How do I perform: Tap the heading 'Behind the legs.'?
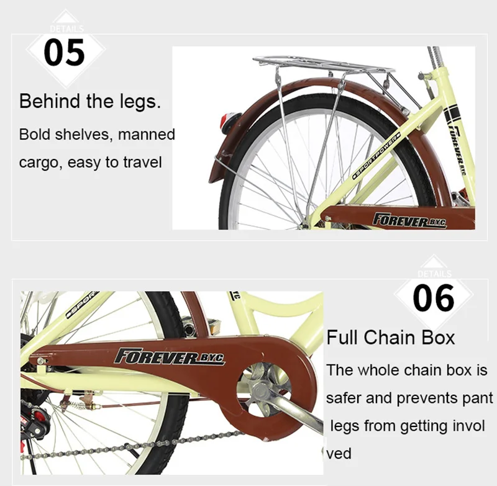(90, 102)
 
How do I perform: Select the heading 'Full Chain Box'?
(391, 338)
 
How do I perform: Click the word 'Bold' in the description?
(34, 134)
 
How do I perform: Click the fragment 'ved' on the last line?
(339, 454)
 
